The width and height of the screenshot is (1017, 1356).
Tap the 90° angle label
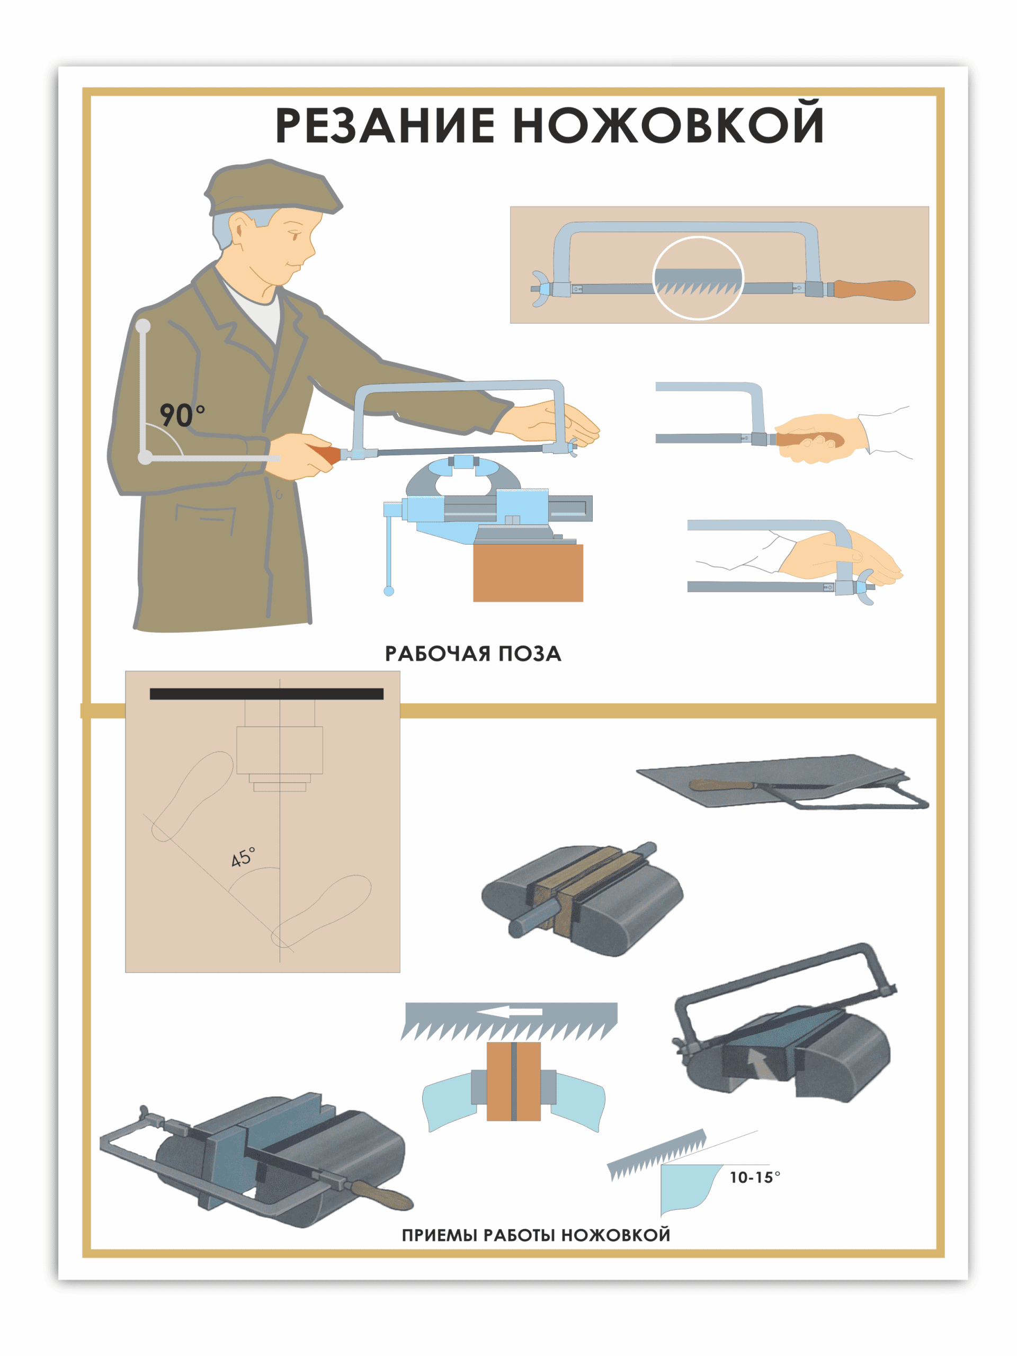182,415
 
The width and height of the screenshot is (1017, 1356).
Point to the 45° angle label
243,857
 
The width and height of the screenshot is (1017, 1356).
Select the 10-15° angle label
755,1177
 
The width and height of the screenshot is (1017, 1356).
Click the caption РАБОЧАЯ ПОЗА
472,654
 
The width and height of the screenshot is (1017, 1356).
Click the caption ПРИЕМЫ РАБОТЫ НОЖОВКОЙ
536,1235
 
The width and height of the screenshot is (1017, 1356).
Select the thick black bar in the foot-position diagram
266,693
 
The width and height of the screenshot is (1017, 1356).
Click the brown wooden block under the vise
528,573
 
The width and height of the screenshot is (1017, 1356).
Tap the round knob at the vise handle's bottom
389,591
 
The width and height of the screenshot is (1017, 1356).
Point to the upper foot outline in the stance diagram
191,796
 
